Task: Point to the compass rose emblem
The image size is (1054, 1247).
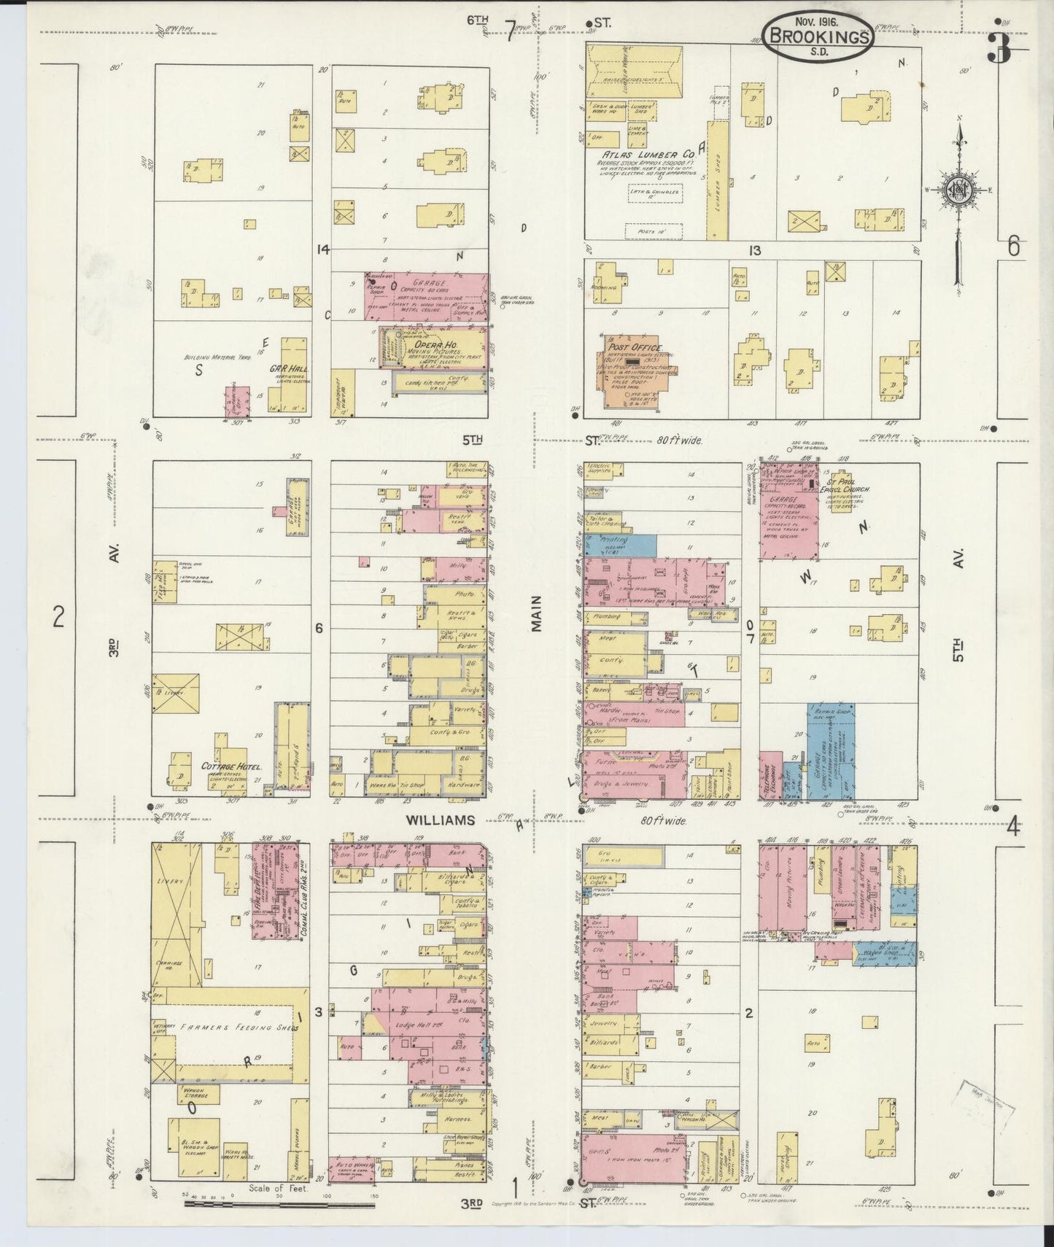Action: point(957,191)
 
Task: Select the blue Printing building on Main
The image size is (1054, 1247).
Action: point(619,545)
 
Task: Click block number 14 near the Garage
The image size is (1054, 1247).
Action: point(322,249)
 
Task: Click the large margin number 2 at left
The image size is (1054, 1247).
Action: point(58,618)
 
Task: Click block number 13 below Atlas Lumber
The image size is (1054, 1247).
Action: point(753,250)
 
